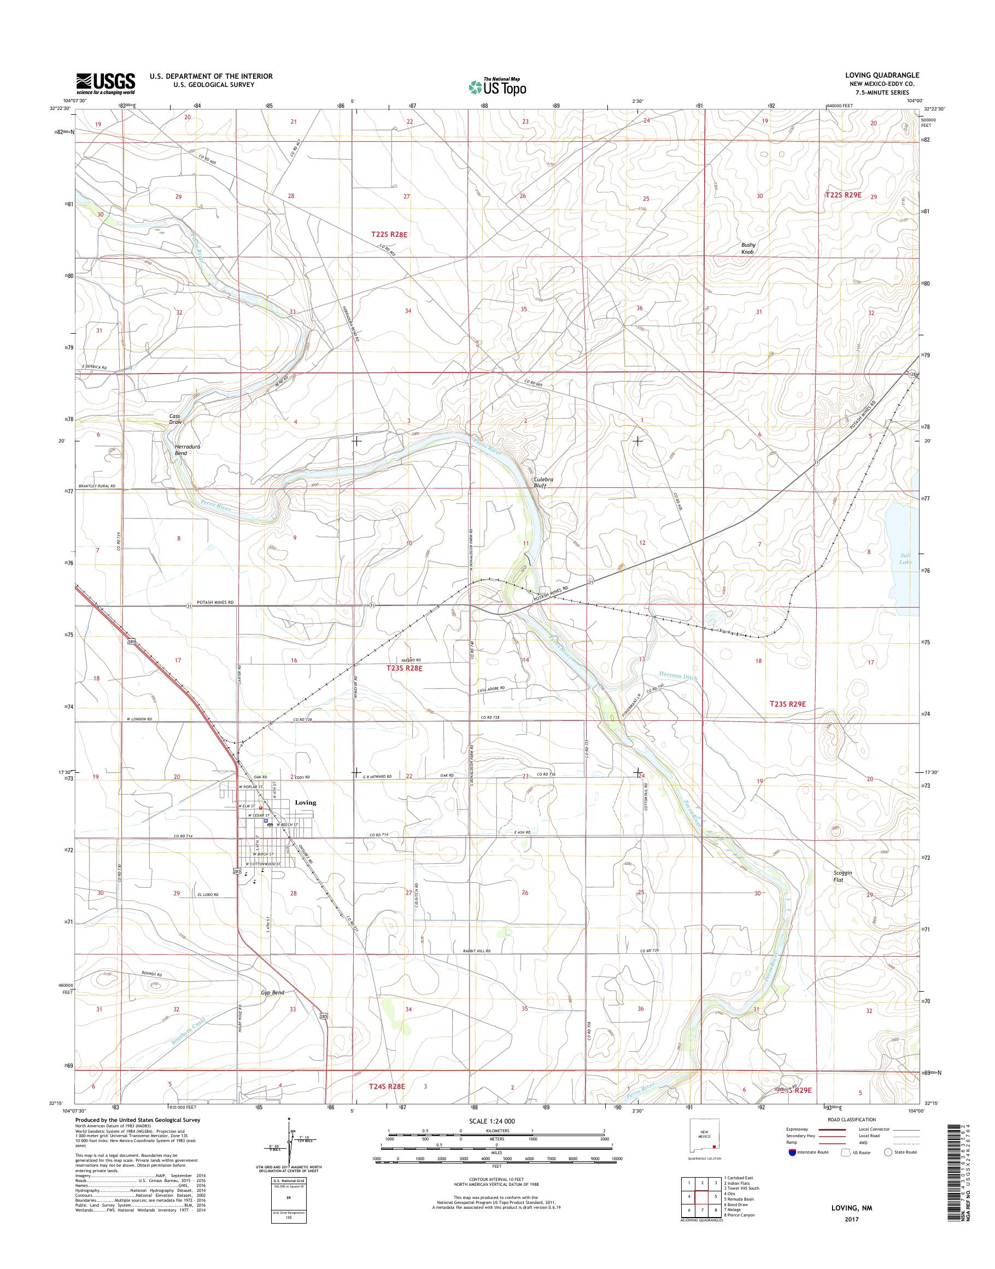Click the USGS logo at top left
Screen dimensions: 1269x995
click(x=106, y=83)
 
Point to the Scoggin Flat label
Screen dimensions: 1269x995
click(x=842, y=876)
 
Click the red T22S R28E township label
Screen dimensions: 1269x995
click(x=389, y=234)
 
